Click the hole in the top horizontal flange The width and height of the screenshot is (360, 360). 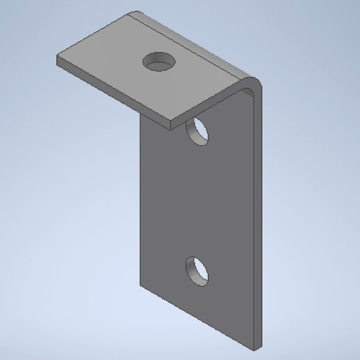tap(158, 62)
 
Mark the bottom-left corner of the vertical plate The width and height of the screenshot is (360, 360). tap(140, 282)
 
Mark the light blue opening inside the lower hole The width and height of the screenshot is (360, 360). tap(199, 273)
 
